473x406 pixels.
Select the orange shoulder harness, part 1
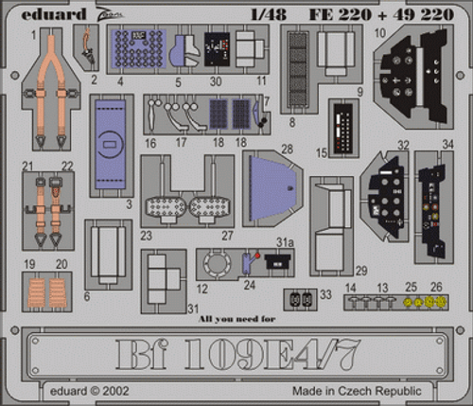[x=44, y=90]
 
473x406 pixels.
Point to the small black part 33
[x=301, y=297]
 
